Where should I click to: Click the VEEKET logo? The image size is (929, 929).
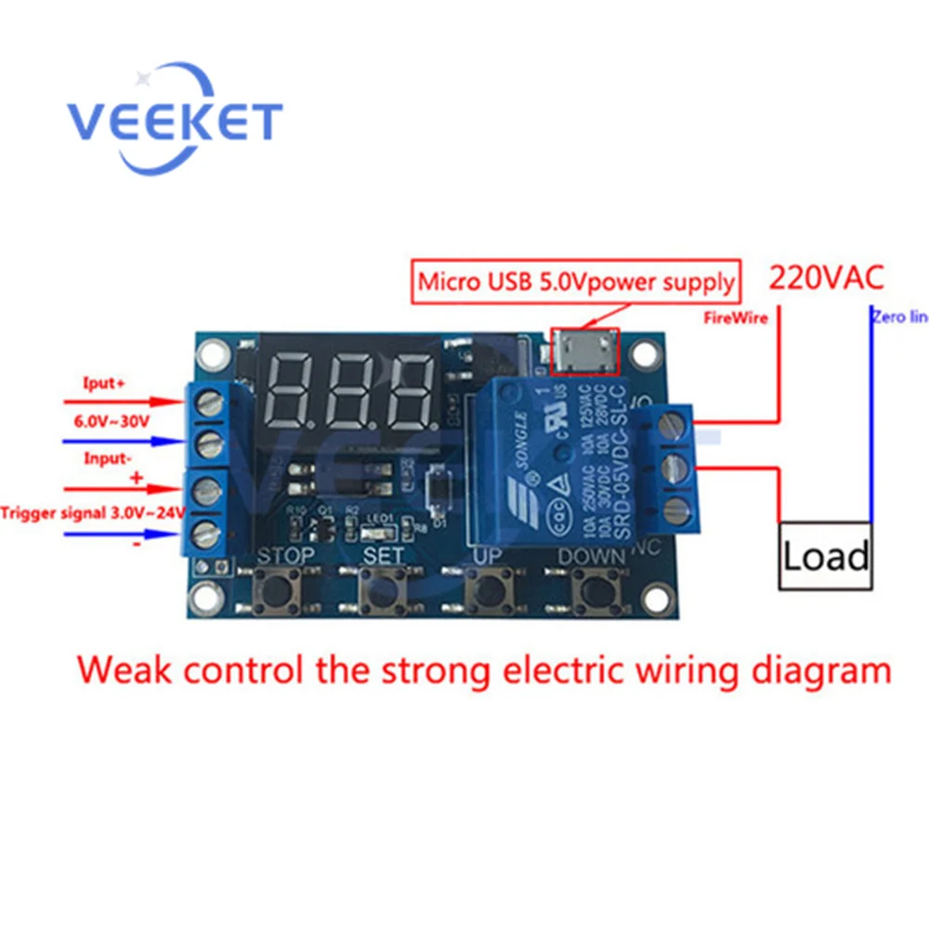pyautogui.click(x=174, y=120)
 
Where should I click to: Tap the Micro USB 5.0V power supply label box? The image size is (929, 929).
pyautogui.click(x=577, y=280)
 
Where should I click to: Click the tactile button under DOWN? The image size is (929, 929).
pyautogui.click(x=592, y=590)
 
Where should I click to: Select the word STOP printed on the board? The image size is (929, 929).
pyautogui.click(x=285, y=556)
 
